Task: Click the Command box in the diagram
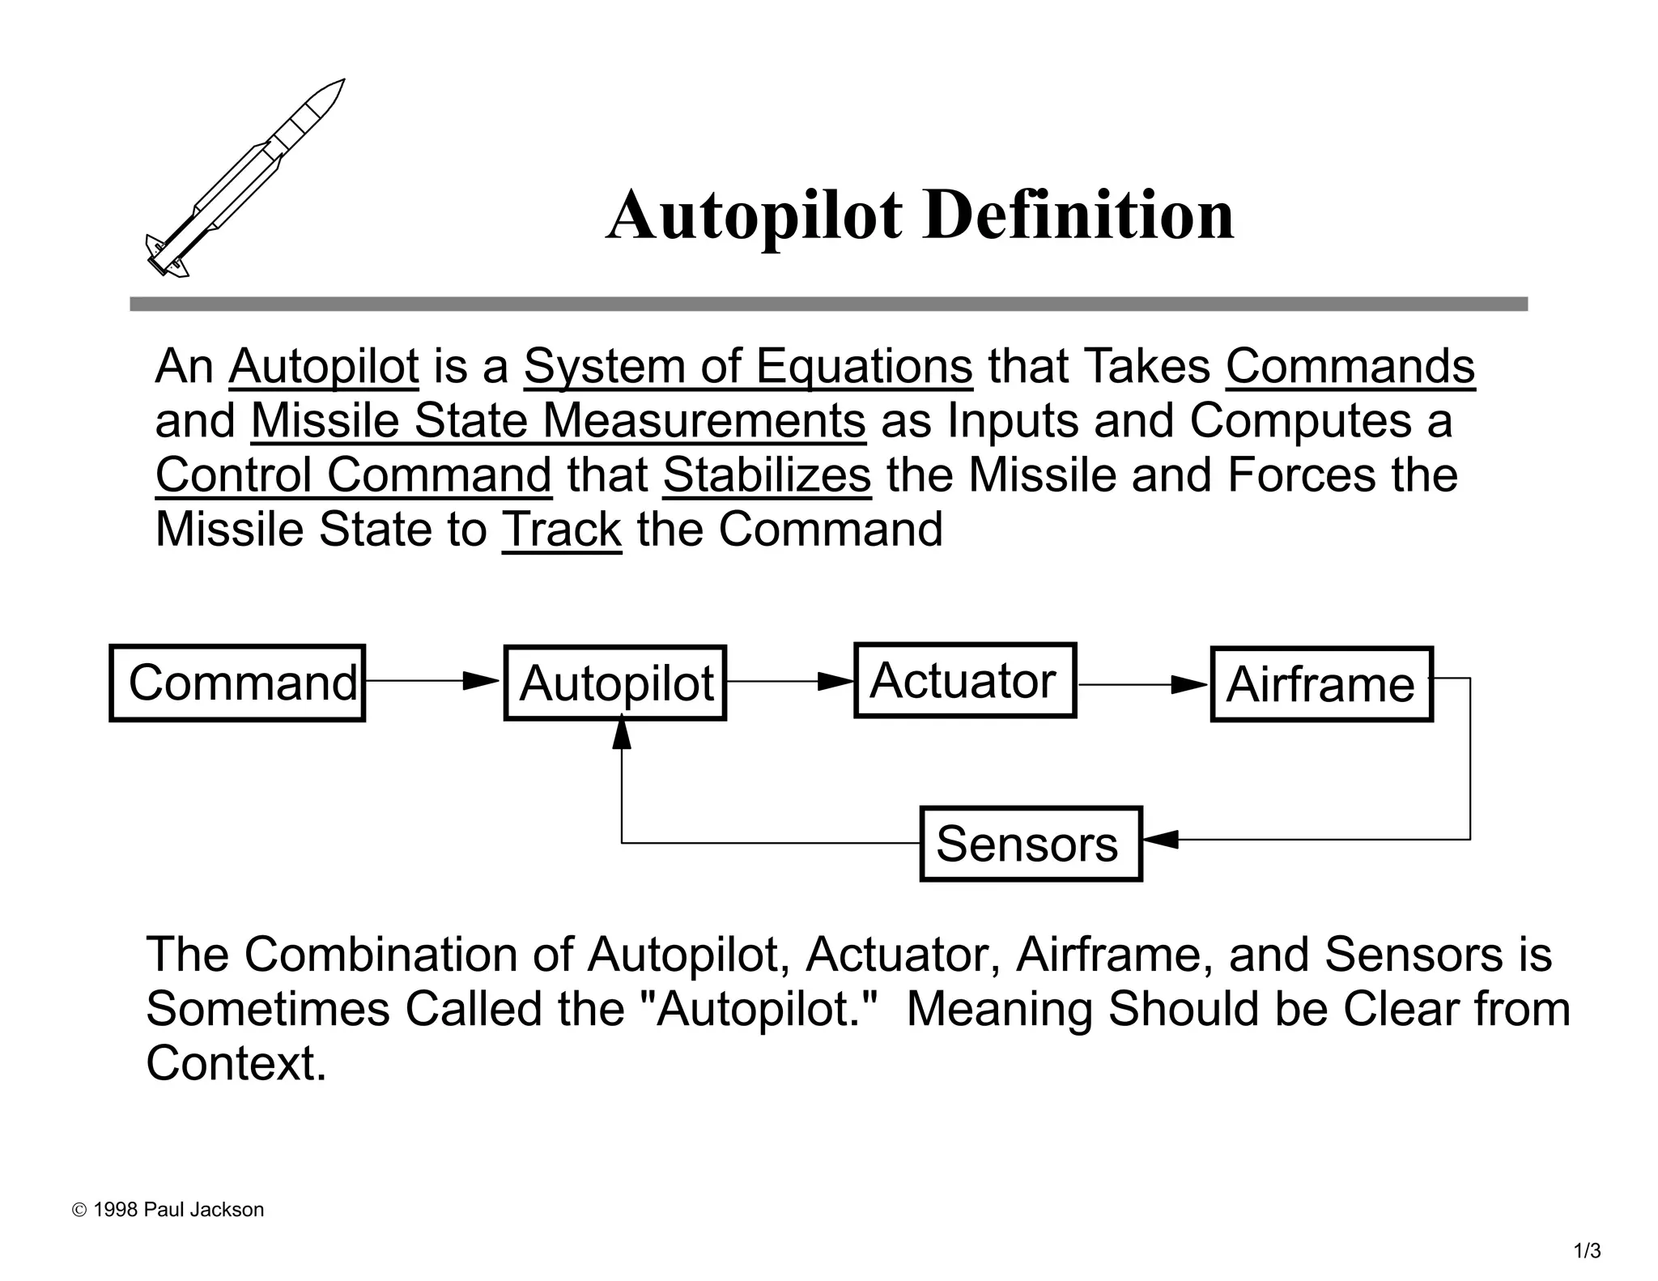(237, 683)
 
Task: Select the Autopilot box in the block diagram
(615, 683)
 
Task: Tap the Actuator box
(965, 680)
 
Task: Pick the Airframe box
(1321, 684)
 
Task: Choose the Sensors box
(1031, 844)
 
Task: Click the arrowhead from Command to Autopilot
(482, 681)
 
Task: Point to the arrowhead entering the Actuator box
(836, 681)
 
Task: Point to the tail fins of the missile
(166, 257)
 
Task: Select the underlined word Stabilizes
(767, 475)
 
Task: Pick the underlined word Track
(561, 530)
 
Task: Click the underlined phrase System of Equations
(748, 367)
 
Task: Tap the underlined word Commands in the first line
(1350, 367)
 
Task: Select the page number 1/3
(1587, 1251)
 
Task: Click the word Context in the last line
(235, 1063)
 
